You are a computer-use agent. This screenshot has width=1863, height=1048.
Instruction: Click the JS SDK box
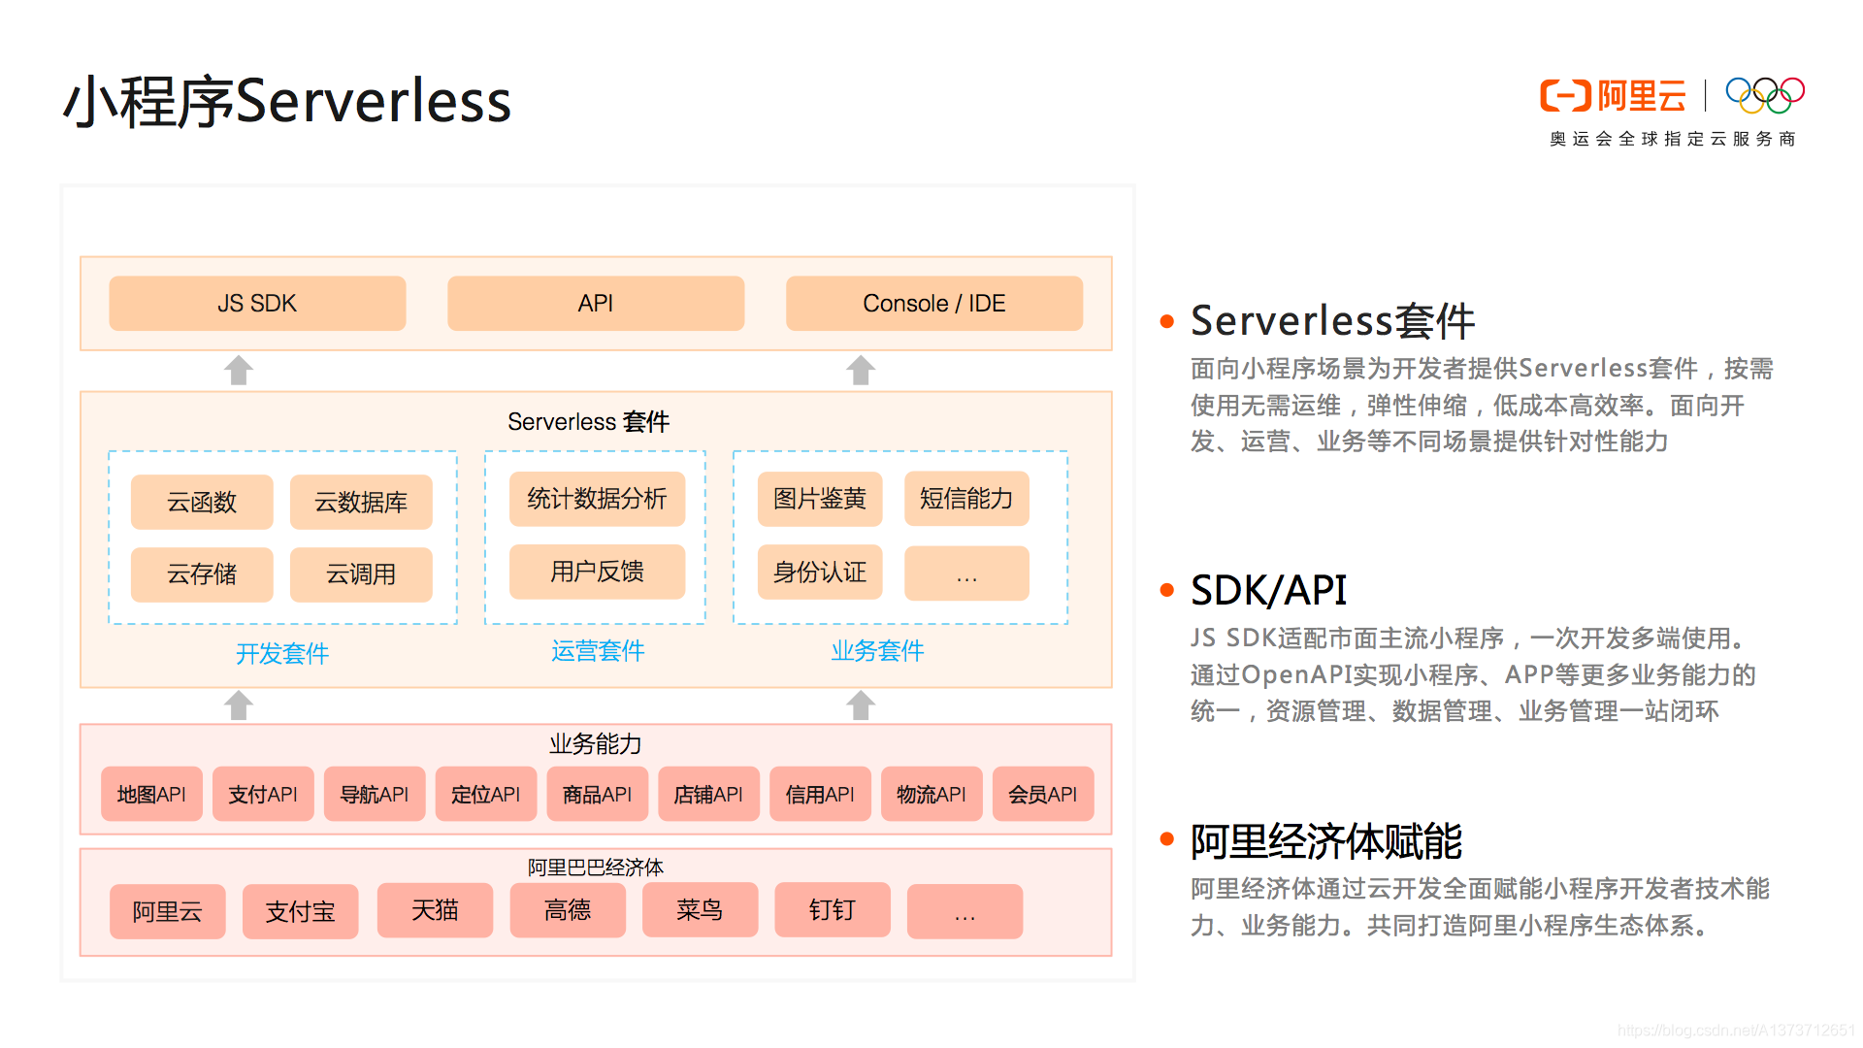click(x=257, y=304)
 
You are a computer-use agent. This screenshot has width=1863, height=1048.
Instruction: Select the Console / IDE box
click(x=933, y=304)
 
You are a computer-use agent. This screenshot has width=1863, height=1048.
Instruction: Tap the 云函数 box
click(x=202, y=502)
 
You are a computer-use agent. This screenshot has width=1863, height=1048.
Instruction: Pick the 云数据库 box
click(x=361, y=502)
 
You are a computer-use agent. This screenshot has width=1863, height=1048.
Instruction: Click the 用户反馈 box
click(x=597, y=572)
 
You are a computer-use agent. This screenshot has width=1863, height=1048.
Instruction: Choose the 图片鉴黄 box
click(x=820, y=499)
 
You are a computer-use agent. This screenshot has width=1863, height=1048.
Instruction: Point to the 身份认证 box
click(x=820, y=573)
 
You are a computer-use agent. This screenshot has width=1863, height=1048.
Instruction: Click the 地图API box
click(x=151, y=794)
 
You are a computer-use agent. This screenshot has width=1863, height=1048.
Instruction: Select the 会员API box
click(x=1043, y=794)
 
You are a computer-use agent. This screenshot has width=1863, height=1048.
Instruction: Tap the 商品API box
click(x=597, y=794)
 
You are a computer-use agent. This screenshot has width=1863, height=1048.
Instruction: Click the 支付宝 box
click(x=300, y=911)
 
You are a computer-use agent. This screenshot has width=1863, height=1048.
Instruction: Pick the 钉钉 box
click(x=832, y=909)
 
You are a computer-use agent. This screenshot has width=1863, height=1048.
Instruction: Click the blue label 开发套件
click(x=282, y=653)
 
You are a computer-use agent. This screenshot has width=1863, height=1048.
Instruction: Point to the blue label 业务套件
click(x=877, y=650)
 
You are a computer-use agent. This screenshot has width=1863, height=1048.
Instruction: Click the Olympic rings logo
click(x=1764, y=95)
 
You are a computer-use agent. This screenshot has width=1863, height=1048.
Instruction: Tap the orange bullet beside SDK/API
click(x=1167, y=590)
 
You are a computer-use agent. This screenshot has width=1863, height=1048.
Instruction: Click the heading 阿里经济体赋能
click(x=1325, y=841)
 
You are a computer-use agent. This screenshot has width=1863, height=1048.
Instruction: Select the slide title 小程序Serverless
click(x=287, y=101)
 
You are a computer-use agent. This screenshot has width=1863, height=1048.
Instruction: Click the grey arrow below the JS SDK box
click(x=239, y=370)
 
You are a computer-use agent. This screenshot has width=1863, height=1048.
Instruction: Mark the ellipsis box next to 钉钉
click(x=964, y=911)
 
